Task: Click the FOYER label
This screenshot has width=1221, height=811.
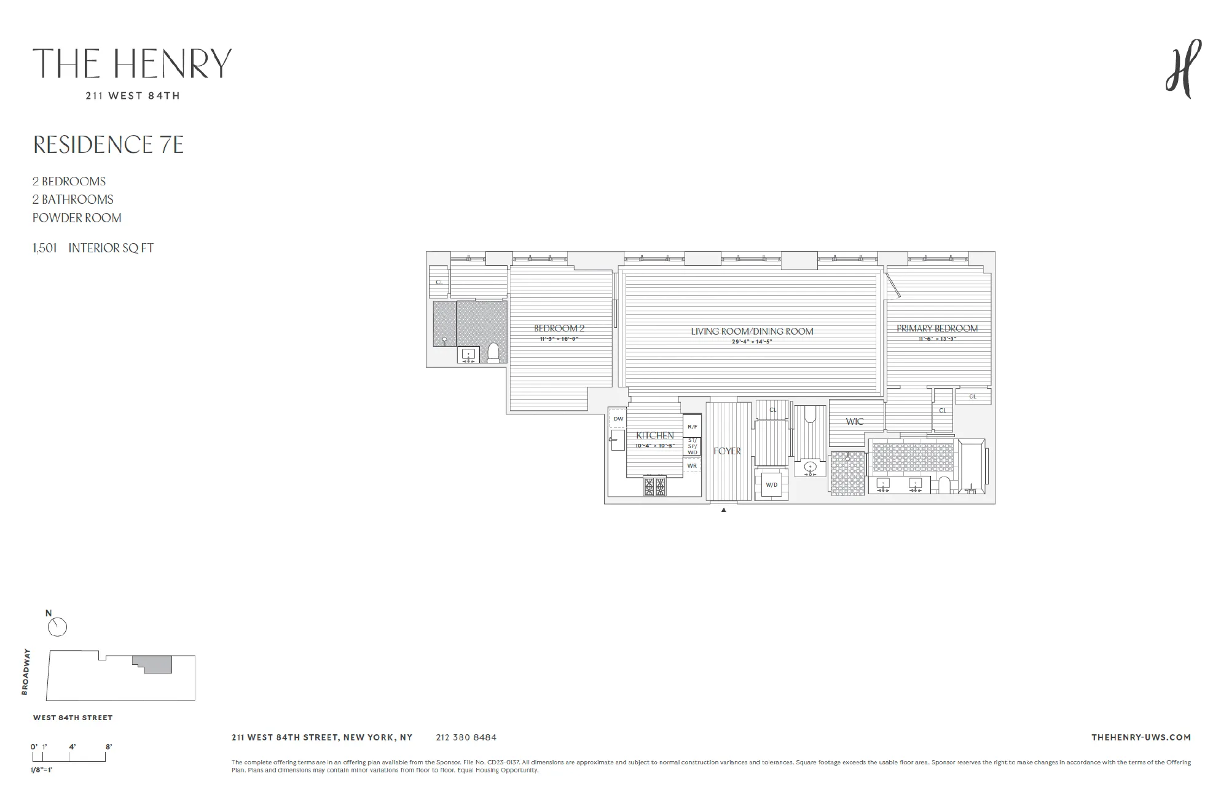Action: coord(727,451)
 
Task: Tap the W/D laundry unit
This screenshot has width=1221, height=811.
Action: coord(771,485)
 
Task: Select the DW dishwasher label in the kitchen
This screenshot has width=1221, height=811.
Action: coord(618,419)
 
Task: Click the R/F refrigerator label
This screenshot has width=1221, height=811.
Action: coord(692,427)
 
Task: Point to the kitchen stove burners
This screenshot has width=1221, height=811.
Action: coord(654,486)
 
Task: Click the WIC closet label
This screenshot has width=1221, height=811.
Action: coord(854,422)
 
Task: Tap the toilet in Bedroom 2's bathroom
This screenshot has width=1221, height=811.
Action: coord(493,353)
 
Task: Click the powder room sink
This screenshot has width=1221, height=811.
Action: coord(810,468)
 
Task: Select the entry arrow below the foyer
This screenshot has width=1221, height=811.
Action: coord(723,510)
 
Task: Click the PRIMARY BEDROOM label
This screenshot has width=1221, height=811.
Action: coord(936,328)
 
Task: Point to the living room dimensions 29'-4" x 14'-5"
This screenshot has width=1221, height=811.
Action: coord(752,341)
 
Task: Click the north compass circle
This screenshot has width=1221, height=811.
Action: coord(57,627)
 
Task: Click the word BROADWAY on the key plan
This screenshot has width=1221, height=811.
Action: coord(25,672)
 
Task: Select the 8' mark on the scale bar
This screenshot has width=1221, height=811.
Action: coord(109,747)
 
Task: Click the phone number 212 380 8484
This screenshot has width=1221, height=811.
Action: coord(466,737)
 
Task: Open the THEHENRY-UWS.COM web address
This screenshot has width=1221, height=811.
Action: coord(1141,737)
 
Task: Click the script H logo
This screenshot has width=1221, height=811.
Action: coord(1183,69)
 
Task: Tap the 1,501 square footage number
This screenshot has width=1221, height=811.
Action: coord(45,248)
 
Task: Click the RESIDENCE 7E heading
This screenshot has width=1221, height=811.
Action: coord(108,145)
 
